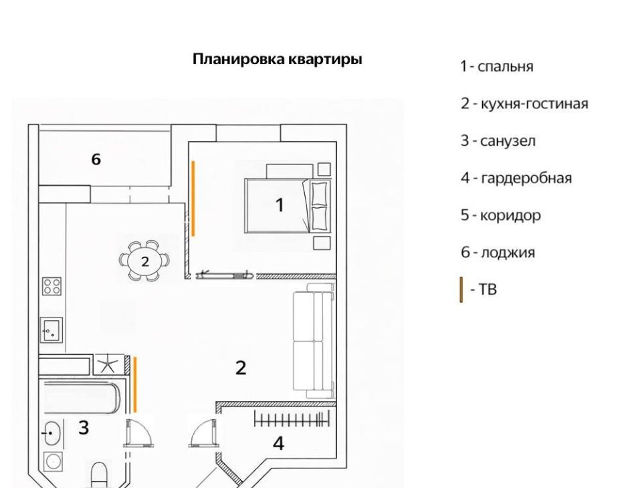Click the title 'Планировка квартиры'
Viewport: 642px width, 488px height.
(x=277, y=59)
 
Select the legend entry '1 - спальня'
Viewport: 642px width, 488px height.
(x=497, y=66)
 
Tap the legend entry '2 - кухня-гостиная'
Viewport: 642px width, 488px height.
(x=524, y=104)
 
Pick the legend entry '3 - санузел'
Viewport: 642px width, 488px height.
(x=498, y=141)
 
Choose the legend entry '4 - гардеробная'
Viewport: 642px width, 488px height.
(x=516, y=178)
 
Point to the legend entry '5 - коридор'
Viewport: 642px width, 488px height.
(x=500, y=215)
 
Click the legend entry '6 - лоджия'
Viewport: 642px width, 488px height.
(x=498, y=253)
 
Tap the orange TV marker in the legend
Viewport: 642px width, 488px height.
(x=461, y=290)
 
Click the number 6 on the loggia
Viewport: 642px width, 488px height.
(x=96, y=159)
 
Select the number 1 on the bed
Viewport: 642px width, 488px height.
(x=280, y=205)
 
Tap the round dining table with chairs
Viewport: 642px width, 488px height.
(x=144, y=261)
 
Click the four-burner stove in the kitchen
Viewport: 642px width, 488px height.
(x=52, y=287)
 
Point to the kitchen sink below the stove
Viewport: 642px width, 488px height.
(x=51, y=330)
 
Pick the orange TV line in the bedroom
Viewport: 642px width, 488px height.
(x=193, y=199)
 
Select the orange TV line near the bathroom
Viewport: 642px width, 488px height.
(x=135, y=384)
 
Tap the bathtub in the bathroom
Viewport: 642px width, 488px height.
(x=82, y=398)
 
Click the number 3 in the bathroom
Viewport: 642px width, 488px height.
(x=84, y=428)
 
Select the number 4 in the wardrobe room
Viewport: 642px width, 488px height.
(x=278, y=443)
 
